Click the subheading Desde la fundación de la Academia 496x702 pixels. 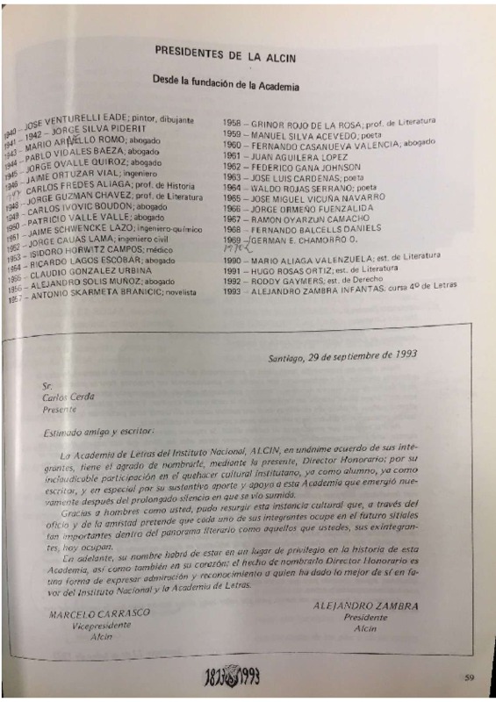point(226,86)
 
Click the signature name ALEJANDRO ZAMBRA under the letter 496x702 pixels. point(367,605)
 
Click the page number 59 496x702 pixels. point(470,676)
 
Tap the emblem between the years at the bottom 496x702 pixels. point(248,678)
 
